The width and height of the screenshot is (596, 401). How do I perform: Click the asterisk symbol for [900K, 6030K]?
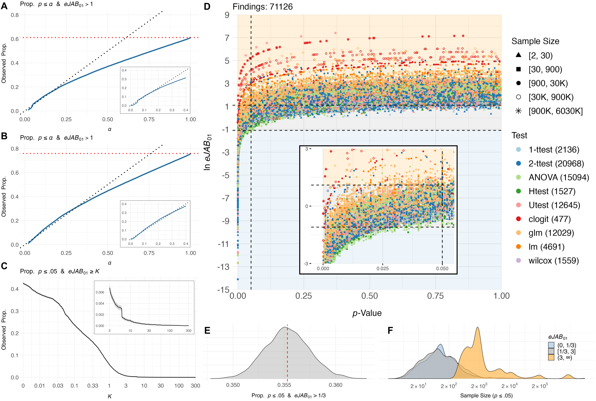518,111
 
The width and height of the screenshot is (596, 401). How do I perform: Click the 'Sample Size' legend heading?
535,41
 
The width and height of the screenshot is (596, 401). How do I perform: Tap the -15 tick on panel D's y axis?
223,290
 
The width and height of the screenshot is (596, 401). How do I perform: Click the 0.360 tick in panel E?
335,385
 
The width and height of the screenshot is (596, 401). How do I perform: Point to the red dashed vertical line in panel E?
287,353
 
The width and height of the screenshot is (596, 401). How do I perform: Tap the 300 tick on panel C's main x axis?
195,386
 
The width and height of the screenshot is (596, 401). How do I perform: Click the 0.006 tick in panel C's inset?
100,292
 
